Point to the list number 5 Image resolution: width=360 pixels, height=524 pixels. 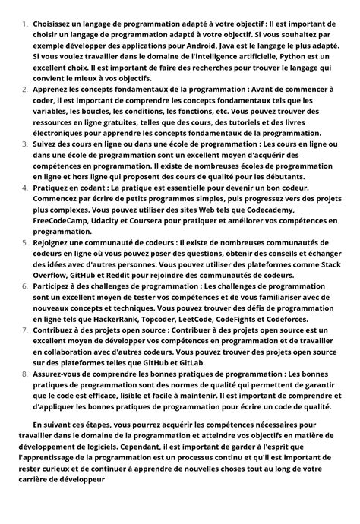pos(24,241)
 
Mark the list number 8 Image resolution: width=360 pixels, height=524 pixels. pos(24,374)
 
